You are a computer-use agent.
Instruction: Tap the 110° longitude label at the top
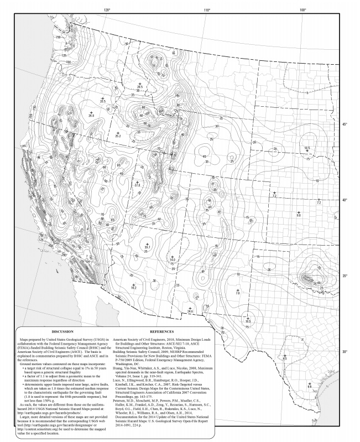[x=207, y=10]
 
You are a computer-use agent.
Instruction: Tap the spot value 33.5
[x=102, y=101]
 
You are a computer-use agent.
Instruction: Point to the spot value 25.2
[x=118, y=136]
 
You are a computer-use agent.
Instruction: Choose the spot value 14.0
[x=173, y=259]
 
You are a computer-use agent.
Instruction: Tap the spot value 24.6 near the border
[x=191, y=312]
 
